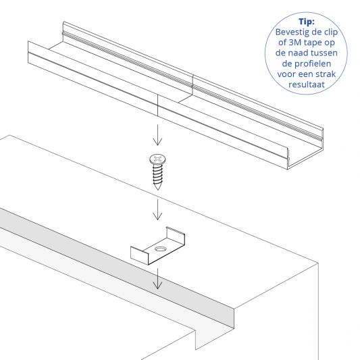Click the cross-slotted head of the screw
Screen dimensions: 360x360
[x=156, y=159]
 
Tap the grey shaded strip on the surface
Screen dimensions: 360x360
[x=101, y=257]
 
